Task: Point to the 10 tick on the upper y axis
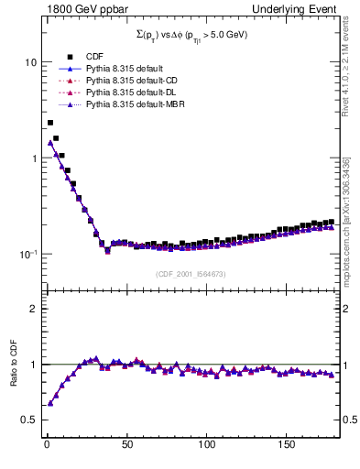(x=29, y=62)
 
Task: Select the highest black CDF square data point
(x=50, y=123)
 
